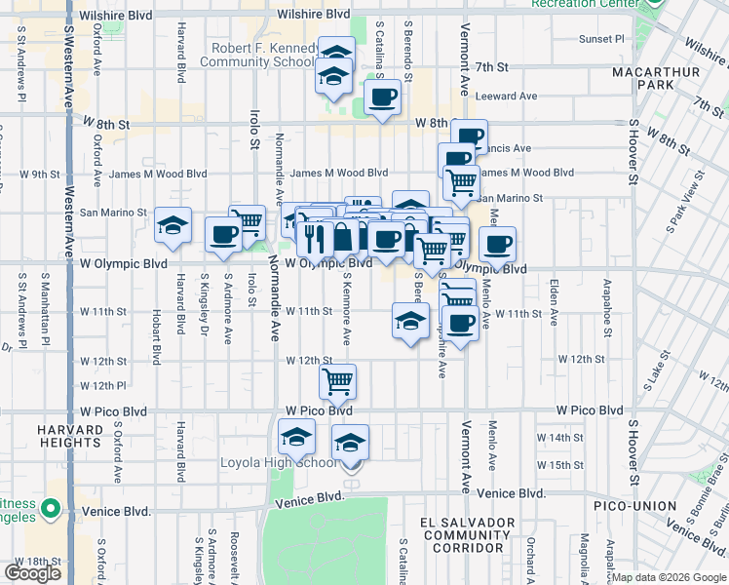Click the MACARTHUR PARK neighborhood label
642,79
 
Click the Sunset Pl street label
600,39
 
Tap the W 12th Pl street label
104,386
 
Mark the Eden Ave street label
554,303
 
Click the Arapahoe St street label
606,306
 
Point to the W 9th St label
40,174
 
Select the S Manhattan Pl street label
45,310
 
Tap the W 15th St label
566,465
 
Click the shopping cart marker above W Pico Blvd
337,381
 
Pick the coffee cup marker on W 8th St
381,97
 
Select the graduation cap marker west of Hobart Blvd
173,227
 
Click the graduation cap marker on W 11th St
410,320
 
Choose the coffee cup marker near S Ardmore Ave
223,235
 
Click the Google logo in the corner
32,572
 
